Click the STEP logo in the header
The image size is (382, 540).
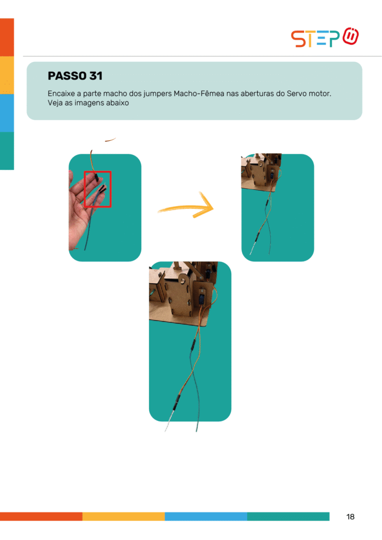(x=325, y=37)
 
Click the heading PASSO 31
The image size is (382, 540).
(x=75, y=76)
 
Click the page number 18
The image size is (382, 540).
(x=350, y=517)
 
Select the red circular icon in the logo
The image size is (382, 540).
(x=351, y=36)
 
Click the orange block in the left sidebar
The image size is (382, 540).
(x=7, y=37)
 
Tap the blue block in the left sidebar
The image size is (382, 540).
(x=7, y=113)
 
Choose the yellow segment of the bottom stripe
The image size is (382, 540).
(x=123, y=516)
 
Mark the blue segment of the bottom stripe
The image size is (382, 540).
(x=206, y=516)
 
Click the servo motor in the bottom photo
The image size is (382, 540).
(x=202, y=297)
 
